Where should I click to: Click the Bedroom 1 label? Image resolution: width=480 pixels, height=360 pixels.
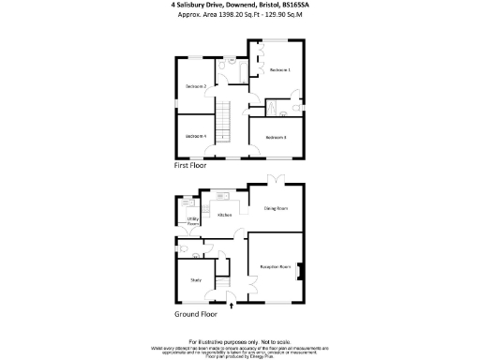point(280,70)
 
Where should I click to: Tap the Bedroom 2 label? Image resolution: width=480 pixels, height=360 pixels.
point(196,86)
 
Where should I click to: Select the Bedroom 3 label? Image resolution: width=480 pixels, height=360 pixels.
point(276,138)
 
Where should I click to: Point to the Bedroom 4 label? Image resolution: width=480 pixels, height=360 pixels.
point(195,137)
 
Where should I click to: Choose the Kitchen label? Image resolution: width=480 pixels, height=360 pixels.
point(225,215)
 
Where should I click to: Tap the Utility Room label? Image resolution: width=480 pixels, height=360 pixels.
point(192,222)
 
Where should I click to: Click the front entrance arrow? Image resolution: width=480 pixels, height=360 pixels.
point(231,305)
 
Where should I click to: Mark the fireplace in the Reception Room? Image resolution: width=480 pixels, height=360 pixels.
point(299,267)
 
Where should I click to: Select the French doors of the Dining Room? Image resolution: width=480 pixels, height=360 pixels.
point(273,179)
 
